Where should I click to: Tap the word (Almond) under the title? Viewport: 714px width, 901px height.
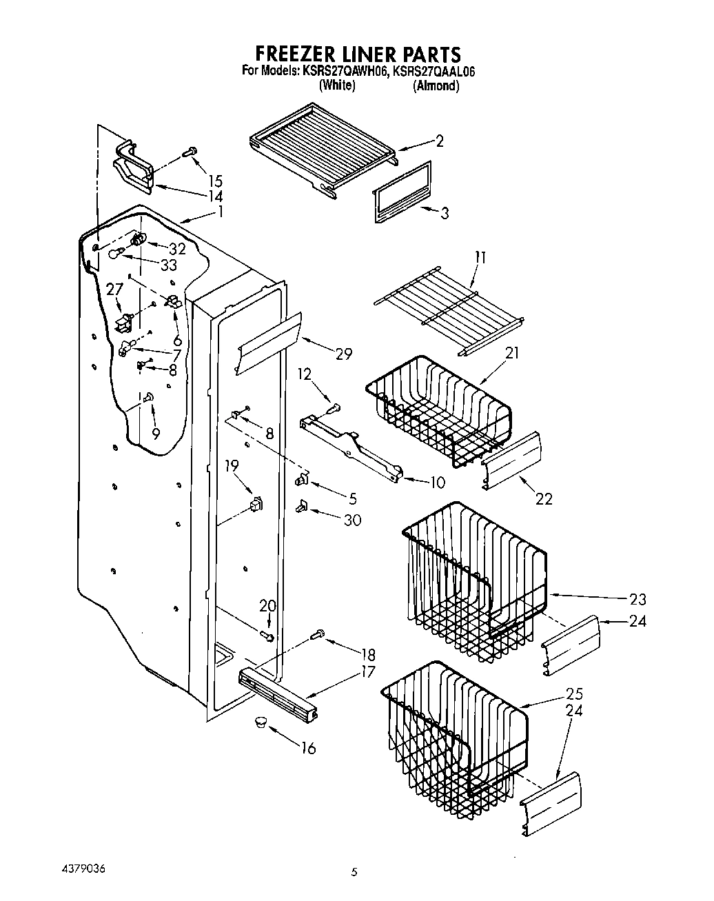pos(436,86)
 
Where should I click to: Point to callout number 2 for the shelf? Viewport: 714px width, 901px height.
pos(438,141)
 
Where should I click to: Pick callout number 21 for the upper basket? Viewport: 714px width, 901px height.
pos(511,353)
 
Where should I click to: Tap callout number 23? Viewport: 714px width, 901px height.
pos(637,599)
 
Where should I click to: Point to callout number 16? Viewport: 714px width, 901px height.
pos(308,748)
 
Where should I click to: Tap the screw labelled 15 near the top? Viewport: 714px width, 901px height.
pos(190,151)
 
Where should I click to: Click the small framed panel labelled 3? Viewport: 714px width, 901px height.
pos(402,192)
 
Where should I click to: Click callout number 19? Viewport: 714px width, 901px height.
pos(232,467)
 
